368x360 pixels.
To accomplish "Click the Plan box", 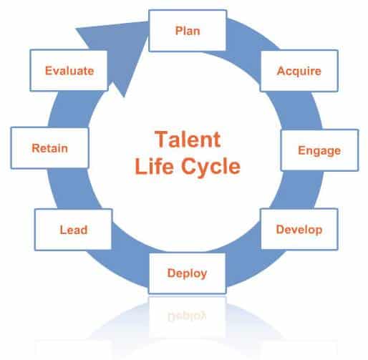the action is coord(188,31).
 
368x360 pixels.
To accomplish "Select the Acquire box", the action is coord(299,71).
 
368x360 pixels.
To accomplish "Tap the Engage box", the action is coord(319,150).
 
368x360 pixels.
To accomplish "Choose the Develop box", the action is coord(299,229).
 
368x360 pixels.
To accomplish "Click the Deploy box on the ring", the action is coord(188,273).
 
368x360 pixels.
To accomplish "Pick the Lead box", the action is coord(74,230).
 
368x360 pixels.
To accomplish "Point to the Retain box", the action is coord(49,148).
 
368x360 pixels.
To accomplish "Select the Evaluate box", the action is coord(69,70).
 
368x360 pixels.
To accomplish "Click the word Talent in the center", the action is coord(188,140).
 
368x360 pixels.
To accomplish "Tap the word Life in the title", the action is coord(154,166).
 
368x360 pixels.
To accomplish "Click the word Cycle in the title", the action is coord(210,167).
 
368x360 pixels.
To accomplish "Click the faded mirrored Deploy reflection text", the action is coord(187,316).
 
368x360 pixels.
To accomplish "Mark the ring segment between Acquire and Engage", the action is coord(299,110).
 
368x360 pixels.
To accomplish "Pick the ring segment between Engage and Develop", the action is coord(301,190).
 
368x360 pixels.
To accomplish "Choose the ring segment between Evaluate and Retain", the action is coord(72,110).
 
